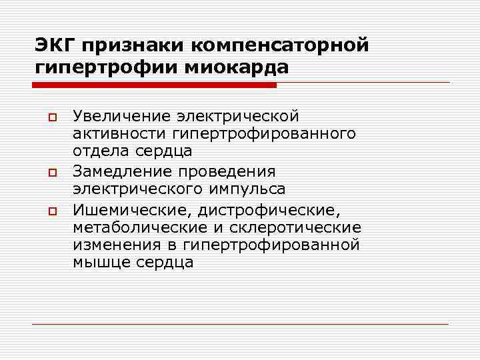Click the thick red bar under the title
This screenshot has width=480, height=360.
pyautogui.click(x=154, y=85)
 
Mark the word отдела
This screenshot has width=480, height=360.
pyautogui.click(x=100, y=151)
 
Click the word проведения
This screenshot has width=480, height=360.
pyautogui.click(x=237, y=171)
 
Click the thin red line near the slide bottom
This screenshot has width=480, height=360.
pyautogui.click(x=240, y=324)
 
